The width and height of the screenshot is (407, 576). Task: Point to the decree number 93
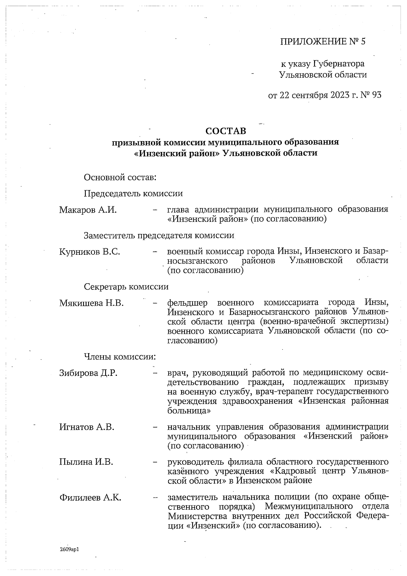point(376,95)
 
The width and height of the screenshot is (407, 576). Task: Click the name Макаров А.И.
point(88,210)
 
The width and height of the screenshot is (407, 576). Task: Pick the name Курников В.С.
point(90,252)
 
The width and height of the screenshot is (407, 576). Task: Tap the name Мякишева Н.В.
point(91,303)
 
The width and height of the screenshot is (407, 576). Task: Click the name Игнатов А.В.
point(87,427)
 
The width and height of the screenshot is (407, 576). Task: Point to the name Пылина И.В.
point(86,462)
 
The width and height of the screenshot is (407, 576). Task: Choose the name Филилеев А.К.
point(90,498)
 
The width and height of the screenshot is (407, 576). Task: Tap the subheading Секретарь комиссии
point(126,287)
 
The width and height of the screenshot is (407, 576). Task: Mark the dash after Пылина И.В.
point(155,462)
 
